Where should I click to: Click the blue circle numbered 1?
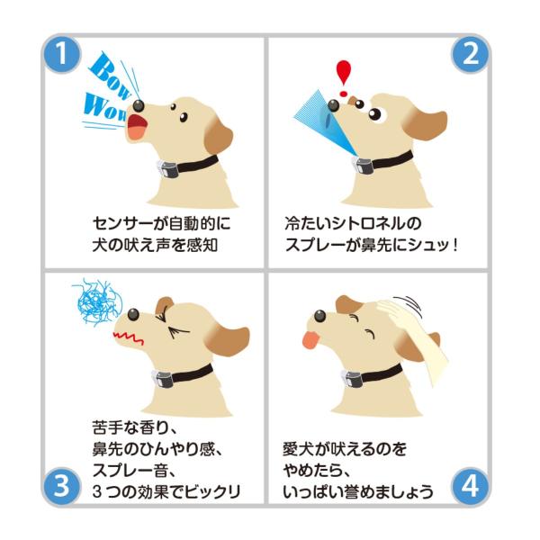[x=62, y=54]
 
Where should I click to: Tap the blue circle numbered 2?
[x=470, y=54]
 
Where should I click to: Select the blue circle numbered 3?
[x=62, y=486]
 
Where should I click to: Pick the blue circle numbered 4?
[x=470, y=486]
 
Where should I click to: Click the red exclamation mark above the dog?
[x=344, y=78]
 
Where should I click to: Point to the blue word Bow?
[x=110, y=75]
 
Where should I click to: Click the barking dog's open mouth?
[x=138, y=127]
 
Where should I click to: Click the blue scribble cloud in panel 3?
[x=97, y=302]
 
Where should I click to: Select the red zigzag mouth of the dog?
[x=128, y=338]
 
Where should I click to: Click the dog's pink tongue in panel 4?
[x=311, y=339]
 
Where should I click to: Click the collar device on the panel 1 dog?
[x=167, y=169]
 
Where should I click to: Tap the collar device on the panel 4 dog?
[x=352, y=378]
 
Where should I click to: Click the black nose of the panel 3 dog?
[x=133, y=314]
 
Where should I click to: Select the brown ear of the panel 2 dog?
[x=426, y=124]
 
